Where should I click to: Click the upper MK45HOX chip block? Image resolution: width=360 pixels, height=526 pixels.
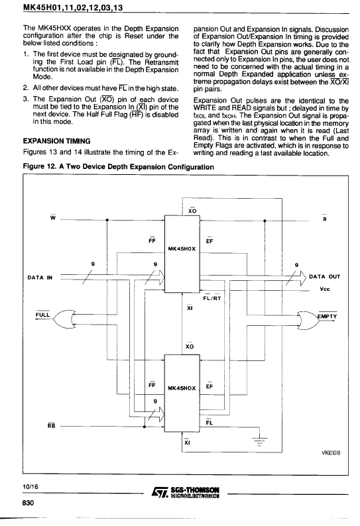click(x=182, y=254)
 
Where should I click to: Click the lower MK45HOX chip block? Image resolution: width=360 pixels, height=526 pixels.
click(x=182, y=393)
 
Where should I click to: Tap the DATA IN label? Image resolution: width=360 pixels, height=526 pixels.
click(x=40, y=278)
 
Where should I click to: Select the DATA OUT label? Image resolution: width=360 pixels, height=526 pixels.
click(x=324, y=277)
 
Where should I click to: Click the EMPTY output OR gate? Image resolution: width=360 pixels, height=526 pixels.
click(x=308, y=319)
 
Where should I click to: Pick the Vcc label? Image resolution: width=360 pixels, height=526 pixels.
click(x=325, y=289)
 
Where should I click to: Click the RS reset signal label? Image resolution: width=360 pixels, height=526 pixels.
click(x=51, y=426)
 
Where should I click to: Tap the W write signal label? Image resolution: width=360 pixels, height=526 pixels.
click(x=53, y=218)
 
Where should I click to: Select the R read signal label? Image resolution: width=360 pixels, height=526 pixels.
click(x=325, y=219)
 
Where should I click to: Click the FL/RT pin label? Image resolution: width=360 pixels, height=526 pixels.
click(x=212, y=297)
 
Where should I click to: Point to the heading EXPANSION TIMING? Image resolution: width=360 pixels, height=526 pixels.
click(x=57, y=141)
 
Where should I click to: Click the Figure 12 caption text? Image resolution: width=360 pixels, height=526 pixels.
click(x=118, y=167)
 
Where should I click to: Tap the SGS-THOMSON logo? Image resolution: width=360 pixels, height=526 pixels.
click(x=186, y=492)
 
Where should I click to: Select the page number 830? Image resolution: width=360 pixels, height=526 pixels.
click(x=29, y=503)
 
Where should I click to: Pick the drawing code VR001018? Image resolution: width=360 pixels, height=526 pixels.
click(x=330, y=453)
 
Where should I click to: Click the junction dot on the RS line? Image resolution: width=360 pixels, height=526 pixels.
click(x=145, y=427)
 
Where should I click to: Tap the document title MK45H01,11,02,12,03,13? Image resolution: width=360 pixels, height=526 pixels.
click(x=73, y=7)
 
